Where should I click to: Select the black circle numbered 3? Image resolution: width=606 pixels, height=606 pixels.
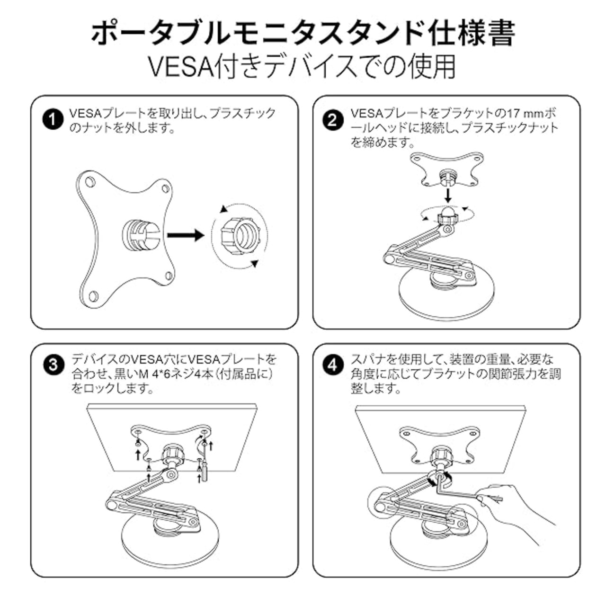(52, 365)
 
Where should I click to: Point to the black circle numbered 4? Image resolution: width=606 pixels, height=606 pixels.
(332, 365)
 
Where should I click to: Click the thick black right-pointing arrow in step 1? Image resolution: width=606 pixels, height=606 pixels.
(185, 235)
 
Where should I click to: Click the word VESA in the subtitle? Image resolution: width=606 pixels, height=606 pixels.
(181, 68)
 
